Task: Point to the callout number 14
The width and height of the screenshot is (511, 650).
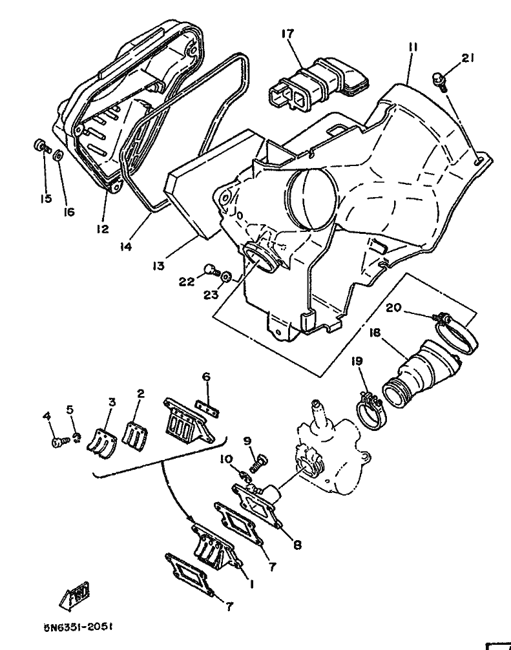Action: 125,246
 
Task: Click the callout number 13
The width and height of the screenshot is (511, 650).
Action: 160,265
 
